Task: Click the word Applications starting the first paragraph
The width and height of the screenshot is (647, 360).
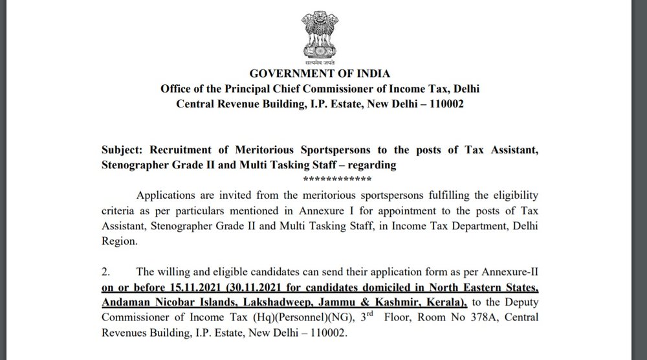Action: [x=167, y=194]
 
